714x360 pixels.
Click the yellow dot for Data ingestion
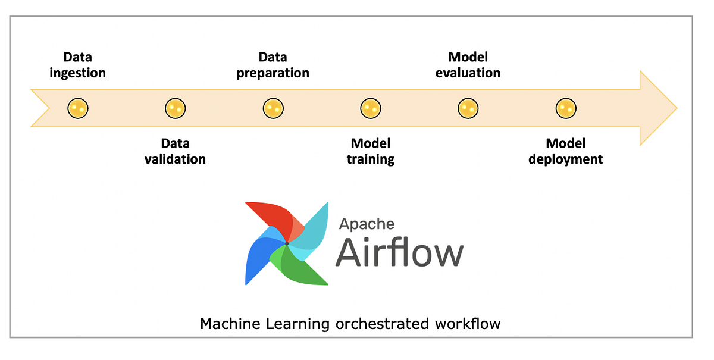tap(78, 108)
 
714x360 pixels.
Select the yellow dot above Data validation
tap(175, 108)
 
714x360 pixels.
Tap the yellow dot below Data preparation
tap(273, 108)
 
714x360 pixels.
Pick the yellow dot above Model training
tap(371, 108)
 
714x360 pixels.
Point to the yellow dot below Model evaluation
tap(468, 108)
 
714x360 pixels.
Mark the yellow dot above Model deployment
tap(566, 108)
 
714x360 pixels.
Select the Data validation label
tap(175, 151)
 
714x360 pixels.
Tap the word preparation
tap(273, 73)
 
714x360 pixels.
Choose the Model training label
tap(371, 151)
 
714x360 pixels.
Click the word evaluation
tap(468, 73)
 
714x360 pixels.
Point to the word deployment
tap(566, 159)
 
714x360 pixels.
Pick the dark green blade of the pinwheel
tap(300, 268)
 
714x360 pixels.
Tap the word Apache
tap(367, 224)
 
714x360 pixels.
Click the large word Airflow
tap(399, 253)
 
